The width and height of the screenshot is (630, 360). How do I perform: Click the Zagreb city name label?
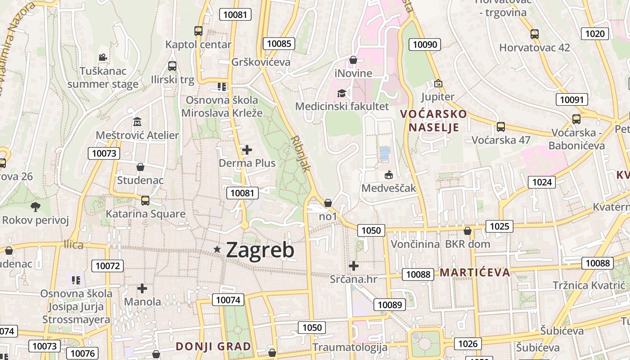click(260, 250)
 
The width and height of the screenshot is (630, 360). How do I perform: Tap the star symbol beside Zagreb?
click(218, 249)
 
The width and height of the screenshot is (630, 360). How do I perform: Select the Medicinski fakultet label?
click(342, 107)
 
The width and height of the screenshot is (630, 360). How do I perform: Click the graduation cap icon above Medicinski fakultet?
click(342, 93)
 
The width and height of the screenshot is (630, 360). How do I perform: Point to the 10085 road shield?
click(279, 44)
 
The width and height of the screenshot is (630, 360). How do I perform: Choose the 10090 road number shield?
click(424, 44)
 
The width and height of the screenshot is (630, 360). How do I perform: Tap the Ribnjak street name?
click(301, 153)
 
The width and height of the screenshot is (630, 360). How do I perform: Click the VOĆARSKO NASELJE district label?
click(433, 121)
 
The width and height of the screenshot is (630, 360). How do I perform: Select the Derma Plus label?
click(247, 163)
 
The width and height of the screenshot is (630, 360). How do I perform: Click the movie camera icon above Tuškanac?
click(103, 57)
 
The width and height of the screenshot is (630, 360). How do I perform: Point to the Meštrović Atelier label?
click(137, 135)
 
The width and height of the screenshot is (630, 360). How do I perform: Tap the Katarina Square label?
click(145, 214)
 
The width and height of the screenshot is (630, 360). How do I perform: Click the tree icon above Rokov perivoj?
click(35, 207)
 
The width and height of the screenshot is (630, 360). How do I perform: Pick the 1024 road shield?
click(542, 182)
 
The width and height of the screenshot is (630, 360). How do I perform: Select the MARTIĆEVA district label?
click(475, 272)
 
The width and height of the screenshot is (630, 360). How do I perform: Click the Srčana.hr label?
click(353, 279)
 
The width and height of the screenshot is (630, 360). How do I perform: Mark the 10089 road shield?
click(390, 305)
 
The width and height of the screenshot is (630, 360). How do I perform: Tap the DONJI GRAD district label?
click(213, 346)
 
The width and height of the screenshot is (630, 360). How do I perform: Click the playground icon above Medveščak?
click(388, 175)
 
